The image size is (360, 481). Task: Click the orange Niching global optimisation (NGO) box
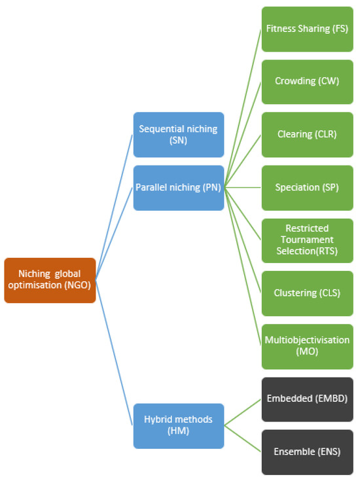(50, 281)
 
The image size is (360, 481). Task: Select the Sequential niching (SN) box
(179, 135)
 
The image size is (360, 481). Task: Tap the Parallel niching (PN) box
(179, 188)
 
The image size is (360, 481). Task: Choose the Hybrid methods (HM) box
(179, 426)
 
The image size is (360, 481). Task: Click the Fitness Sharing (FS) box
(307, 29)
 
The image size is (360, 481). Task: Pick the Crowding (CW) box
(307, 82)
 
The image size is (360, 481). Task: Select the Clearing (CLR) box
(307, 135)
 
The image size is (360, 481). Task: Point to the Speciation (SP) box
(307, 188)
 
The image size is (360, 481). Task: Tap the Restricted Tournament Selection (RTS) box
(307, 240)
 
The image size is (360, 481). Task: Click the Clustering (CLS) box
(307, 293)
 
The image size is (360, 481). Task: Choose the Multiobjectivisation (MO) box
(307, 346)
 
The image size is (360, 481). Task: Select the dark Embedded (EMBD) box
(307, 399)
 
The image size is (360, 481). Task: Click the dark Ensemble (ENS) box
(307, 452)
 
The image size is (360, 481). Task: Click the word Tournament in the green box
(307, 240)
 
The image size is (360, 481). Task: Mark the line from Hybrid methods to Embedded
(243, 412)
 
